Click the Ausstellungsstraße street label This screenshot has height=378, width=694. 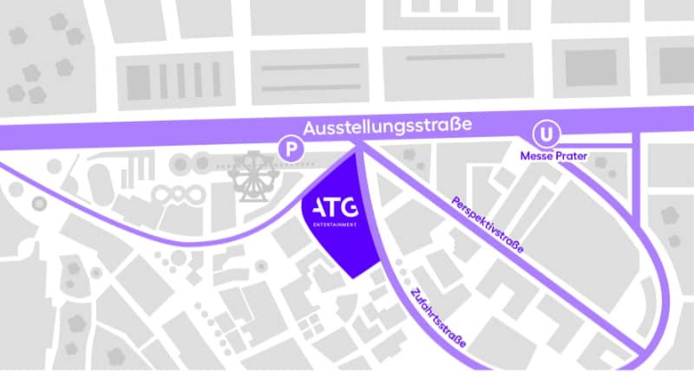(388, 127)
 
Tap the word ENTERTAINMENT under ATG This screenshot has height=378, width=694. (333, 225)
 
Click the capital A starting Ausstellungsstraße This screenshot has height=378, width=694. (310, 127)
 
